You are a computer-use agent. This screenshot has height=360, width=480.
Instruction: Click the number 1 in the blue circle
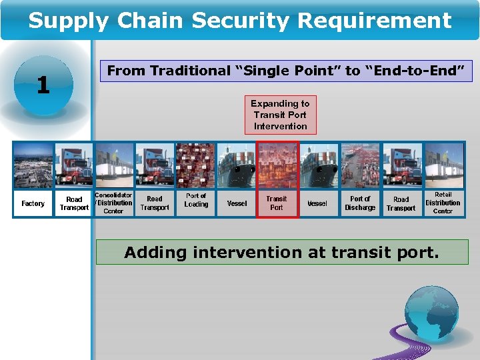coord(43,85)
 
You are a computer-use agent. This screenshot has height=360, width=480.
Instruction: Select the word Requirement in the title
coord(375,21)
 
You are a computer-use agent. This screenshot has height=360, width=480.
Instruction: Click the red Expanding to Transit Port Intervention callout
coord(280,115)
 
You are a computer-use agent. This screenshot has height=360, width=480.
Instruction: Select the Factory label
coord(33,203)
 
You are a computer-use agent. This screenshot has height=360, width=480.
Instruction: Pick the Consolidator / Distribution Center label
coord(113,203)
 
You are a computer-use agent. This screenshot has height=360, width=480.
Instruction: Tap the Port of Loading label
coord(196,201)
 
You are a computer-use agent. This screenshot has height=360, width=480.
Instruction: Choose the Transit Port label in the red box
coord(277,203)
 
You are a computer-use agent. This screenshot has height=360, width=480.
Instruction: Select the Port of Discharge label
coord(360,203)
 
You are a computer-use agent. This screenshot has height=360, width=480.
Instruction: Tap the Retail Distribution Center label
coord(443,203)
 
